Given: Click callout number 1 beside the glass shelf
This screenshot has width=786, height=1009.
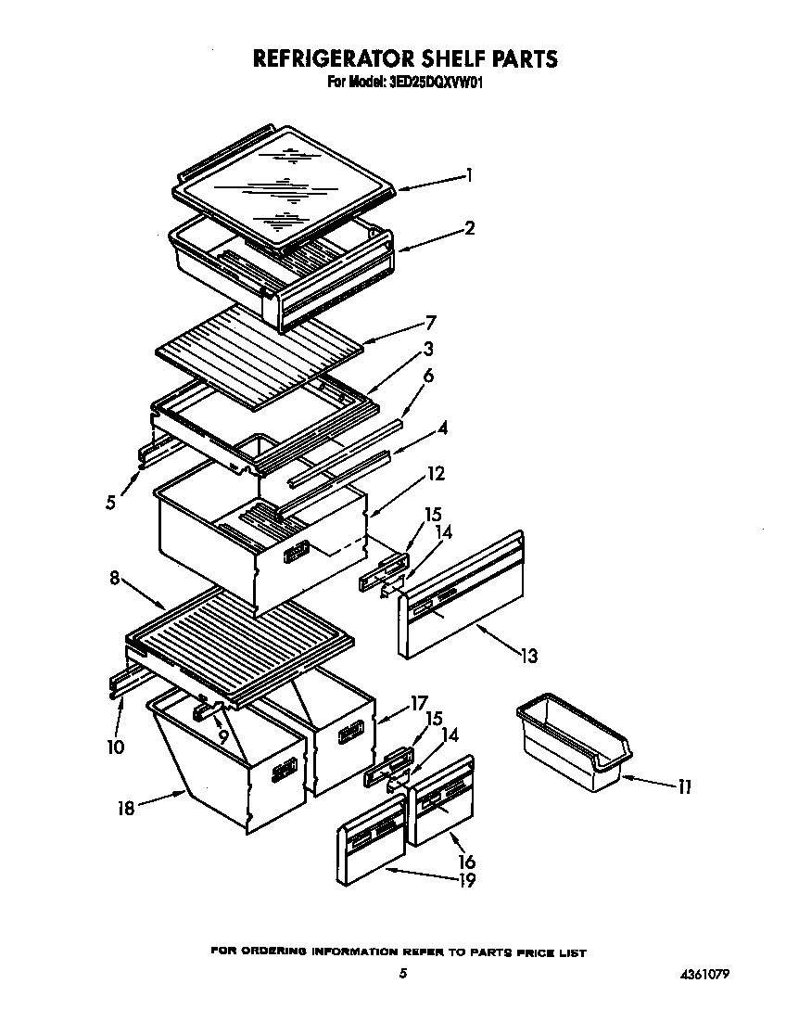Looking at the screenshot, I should pos(470,173).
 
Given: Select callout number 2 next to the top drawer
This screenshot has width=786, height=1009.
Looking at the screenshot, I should pos(470,227).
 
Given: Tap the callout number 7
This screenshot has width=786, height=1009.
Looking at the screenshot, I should pos(430,322).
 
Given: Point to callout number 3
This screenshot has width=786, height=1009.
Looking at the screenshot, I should pos(428,349).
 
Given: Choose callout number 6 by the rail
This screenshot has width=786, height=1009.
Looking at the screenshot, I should pos(428,376).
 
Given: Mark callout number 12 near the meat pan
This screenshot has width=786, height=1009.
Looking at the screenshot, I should pos(435,474).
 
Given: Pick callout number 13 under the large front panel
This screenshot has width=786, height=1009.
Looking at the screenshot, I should pos(527,657).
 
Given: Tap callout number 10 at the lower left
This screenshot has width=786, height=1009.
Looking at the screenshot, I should pos(115,746).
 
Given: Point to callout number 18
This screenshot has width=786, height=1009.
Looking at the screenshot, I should pos(125,808).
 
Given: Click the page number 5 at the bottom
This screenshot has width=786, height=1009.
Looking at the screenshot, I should pos(402,974).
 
